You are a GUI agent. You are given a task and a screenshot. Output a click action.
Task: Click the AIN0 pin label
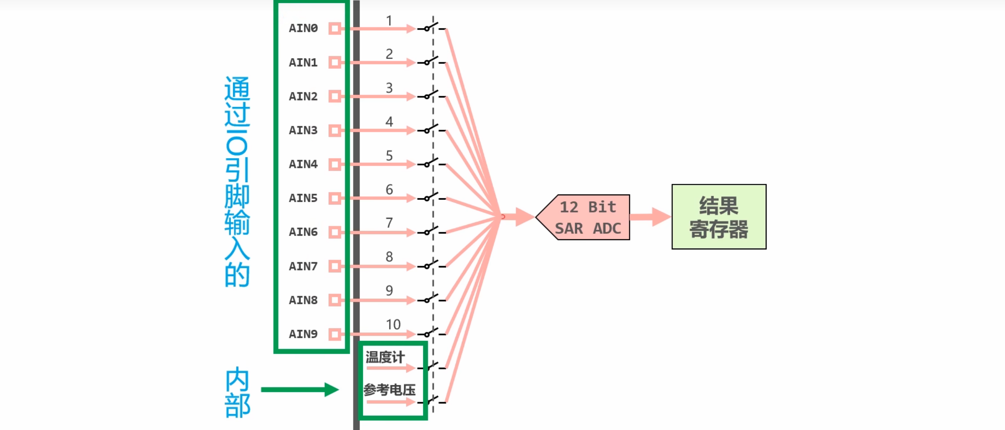303,28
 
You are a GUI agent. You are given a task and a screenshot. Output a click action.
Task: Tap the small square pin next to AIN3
335,130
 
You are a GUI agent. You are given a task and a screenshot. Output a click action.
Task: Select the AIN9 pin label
303,334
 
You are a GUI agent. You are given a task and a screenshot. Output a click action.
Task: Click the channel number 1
389,20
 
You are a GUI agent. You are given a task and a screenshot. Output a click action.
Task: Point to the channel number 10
393,325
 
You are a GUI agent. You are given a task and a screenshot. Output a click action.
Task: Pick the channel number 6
389,190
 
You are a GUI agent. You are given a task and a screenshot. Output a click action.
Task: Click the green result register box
719,217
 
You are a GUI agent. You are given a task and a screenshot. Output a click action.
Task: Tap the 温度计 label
385,357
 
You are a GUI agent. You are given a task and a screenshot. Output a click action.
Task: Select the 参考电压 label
389,390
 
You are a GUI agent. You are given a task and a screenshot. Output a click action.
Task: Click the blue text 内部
238,392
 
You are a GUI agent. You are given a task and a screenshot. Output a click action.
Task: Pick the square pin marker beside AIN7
335,266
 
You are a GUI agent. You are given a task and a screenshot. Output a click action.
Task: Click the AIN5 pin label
303,198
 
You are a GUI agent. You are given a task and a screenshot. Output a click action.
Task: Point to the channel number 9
389,291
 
